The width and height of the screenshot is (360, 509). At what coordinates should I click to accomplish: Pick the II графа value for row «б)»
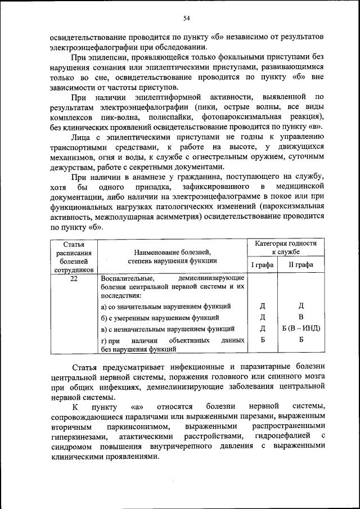[x=301, y=317]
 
